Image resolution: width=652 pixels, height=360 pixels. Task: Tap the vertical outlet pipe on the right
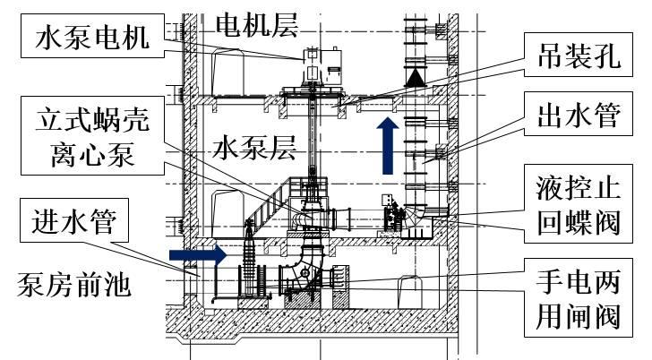click(418, 143)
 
